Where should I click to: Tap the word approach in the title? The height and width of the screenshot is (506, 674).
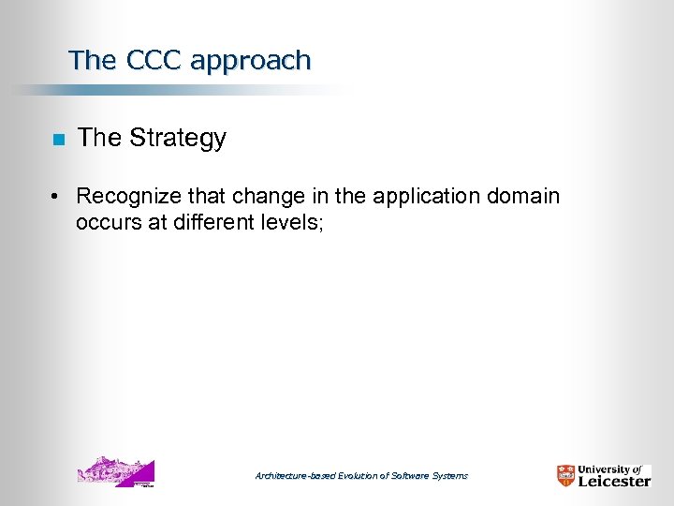[x=250, y=62]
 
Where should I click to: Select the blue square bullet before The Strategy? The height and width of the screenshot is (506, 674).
[x=57, y=141]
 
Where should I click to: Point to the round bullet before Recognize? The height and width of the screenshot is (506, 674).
[x=57, y=198]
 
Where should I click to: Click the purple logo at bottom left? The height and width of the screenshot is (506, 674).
[x=115, y=471]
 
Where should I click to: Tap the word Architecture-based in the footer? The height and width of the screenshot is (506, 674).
[x=294, y=476]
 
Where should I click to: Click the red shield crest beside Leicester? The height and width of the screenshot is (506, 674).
[x=566, y=475]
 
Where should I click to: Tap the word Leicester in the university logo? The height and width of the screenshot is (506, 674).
[x=613, y=481]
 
